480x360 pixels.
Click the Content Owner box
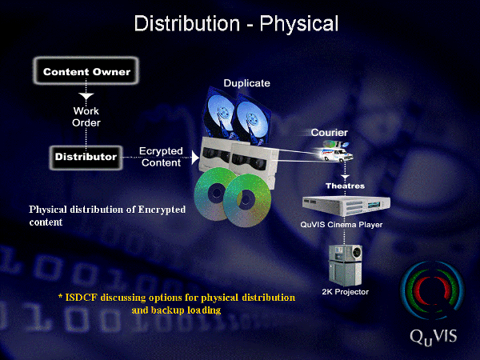tap(86, 71)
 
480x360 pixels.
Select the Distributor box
tap(86, 157)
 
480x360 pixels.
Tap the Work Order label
tap(86, 117)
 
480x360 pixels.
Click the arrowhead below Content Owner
tap(86, 96)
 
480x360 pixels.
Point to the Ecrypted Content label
tap(161, 157)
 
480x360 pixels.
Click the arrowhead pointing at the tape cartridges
tap(195, 158)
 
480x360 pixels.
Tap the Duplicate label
tap(246, 83)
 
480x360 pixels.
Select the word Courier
tap(329, 132)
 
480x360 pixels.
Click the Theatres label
tap(345, 186)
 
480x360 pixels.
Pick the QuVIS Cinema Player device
tap(346, 206)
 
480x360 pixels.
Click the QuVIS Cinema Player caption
tap(342, 224)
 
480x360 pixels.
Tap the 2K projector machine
tap(345, 265)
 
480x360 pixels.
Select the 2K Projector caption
tap(345, 292)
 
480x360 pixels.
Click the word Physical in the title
tap(299, 24)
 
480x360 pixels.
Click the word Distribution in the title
tap(186, 23)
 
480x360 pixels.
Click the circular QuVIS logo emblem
tap(433, 290)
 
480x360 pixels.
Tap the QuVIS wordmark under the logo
tap(433, 337)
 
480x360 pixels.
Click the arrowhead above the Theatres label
tap(345, 177)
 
